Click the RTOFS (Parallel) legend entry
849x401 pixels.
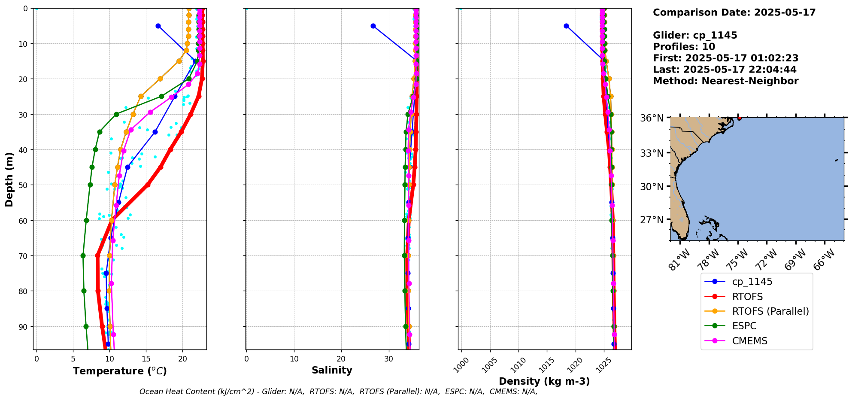pyautogui.click(x=770, y=311)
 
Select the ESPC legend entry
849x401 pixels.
pyautogui.click(x=744, y=326)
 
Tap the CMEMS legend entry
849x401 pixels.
pyautogui.click(x=749, y=341)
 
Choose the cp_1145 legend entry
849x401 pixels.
pyautogui.click(x=752, y=282)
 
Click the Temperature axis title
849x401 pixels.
pyautogui.click(x=120, y=371)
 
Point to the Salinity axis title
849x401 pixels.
pyautogui.click(x=332, y=370)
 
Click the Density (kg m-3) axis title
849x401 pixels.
pyautogui.click(x=544, y=381)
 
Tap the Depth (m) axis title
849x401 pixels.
pyautogui.click(x=9, y=179)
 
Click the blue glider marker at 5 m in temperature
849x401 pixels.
pyautogui.click(x=158, y=26)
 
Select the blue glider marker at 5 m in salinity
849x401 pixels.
pyautogui.click(x=373, y=26)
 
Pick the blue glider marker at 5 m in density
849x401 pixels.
pyautogui.click(x=566, y=26)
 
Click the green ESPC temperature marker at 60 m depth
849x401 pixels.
pyautogui.click(x=86, y=220)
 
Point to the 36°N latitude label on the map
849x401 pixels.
pyautogui.click(x=652, y=118)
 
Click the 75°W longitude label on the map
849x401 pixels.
pyautogui.click(x=737, y=259)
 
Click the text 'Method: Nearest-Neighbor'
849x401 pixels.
pyautogui.click(x=725, y=81)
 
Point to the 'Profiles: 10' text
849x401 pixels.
pyautogui.click(x=684, y=47)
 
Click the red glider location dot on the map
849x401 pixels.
pyautogui.click(x=739, y=118)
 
